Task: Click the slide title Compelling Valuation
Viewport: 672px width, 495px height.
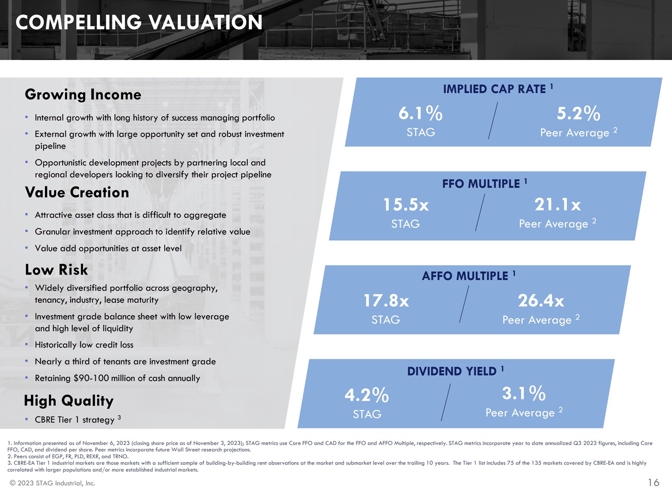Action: coord(139,22)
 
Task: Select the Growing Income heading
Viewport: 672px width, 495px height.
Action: coord(83,94)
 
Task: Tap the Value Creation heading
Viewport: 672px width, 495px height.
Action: coord(77,192)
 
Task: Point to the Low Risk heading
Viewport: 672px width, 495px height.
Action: coord(56,269)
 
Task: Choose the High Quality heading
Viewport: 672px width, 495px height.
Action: coord(69,401)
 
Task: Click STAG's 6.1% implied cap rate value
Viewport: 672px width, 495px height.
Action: coord(420,113)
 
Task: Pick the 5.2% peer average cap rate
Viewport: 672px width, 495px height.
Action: coord(578,113)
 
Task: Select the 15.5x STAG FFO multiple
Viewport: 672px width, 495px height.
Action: coord(406,204)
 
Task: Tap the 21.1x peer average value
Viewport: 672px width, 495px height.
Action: coord(557,204)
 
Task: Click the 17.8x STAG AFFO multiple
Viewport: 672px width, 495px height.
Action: coord(386,301)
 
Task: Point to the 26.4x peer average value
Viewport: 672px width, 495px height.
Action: coord(541,301)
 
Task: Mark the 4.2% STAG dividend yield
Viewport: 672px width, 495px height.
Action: coord(367,395)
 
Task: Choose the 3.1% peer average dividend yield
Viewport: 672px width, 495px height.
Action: coord(524,393)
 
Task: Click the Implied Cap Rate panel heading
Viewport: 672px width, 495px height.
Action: coord(495,89)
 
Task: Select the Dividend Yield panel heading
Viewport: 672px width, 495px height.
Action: coord(452,371)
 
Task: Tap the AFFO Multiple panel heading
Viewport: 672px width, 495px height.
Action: coord(465,276)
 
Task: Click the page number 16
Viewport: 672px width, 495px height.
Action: coord(653,482)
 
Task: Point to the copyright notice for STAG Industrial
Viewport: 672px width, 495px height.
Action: coord(52,483)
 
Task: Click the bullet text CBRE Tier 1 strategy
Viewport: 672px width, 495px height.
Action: coord(75,420)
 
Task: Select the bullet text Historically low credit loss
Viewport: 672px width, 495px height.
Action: coord(84,345)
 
